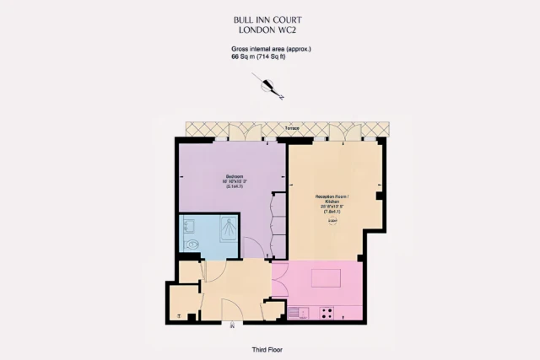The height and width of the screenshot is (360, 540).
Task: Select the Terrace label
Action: (292, 128)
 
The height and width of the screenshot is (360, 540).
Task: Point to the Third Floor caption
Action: (269, 349)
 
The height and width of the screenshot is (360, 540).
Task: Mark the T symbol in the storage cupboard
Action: (180, 315)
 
